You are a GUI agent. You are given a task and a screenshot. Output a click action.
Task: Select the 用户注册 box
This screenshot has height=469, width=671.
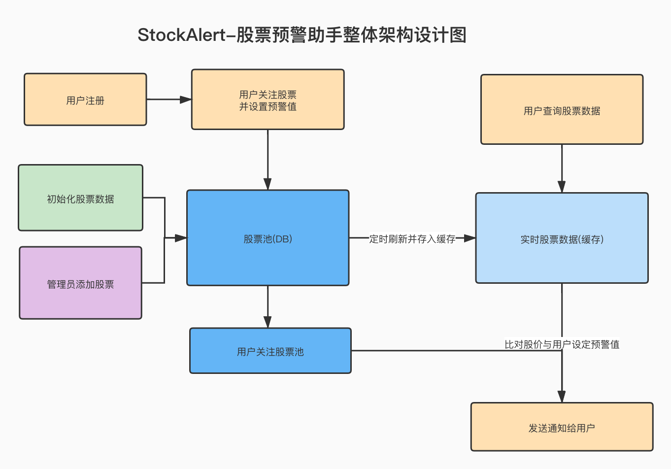tap(85, 100)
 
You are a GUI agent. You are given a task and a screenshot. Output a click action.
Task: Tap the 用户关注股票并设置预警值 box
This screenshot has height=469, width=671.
tap(268, 100)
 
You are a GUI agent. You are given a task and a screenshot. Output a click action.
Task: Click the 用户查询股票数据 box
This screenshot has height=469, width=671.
tap(562, 110)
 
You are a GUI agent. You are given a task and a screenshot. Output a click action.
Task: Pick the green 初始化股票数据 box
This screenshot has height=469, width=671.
tap(80, 198)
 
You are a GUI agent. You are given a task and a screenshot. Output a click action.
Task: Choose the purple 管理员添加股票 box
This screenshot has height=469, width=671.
tap(80, 283)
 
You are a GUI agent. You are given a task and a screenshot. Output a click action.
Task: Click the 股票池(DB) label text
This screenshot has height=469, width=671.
tap(268, 239)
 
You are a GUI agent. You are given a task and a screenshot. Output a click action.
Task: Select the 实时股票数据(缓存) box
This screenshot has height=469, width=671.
tap(562, 238)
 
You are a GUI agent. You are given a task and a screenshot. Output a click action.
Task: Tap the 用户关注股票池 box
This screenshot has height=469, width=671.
tap(270, 351)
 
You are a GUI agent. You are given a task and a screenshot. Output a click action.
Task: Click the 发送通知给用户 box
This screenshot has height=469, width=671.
tap(562, 427)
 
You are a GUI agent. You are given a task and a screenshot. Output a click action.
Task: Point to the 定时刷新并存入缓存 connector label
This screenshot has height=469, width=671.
tap(412, 239)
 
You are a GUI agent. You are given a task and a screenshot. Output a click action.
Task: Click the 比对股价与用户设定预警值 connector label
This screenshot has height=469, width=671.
tap(562, 344)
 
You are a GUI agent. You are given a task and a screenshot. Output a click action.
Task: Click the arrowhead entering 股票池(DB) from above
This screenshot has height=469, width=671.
tap(268, 184)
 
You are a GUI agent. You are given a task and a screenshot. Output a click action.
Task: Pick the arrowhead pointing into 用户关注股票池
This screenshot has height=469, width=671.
tap(268, 322)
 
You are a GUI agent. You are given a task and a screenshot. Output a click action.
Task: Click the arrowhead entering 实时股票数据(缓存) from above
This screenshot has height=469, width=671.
tap(562, 187)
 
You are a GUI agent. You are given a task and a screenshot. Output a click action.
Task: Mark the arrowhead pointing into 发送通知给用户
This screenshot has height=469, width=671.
tap(562, 397)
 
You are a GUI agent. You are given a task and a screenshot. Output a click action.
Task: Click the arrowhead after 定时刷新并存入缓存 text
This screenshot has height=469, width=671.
tap(470, 238)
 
